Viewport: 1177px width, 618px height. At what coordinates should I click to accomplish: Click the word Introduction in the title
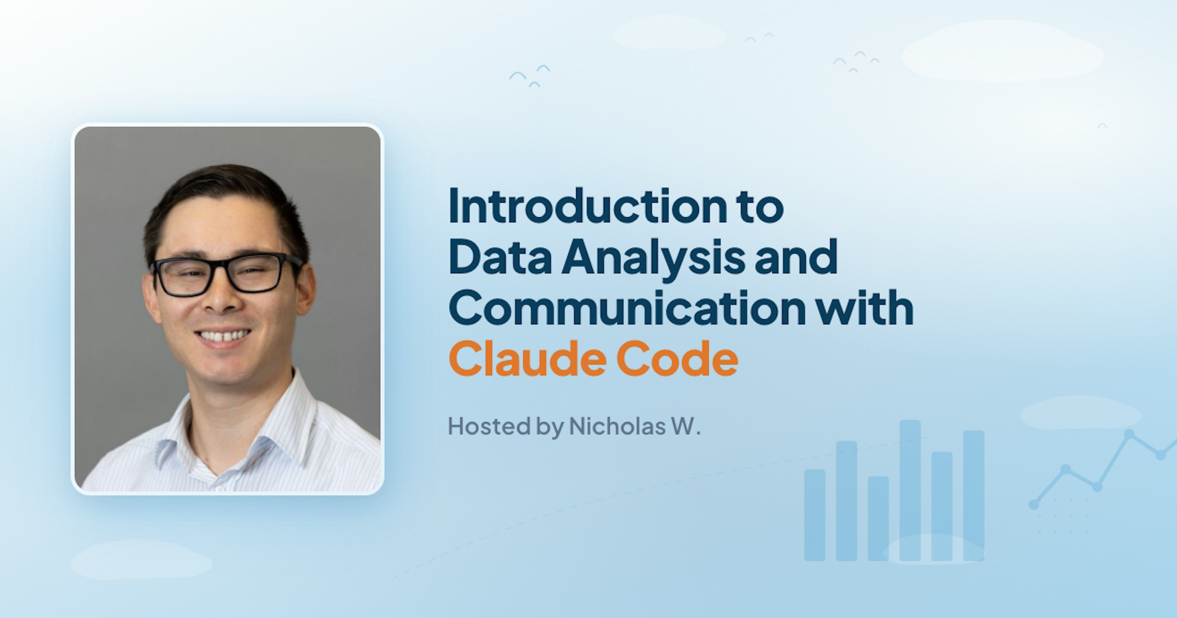click(587, 207)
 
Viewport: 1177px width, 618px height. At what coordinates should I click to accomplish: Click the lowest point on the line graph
click(1034, 505)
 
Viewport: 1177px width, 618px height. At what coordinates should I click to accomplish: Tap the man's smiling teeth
click(223, 336)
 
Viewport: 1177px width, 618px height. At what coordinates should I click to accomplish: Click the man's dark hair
click(219, 187)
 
